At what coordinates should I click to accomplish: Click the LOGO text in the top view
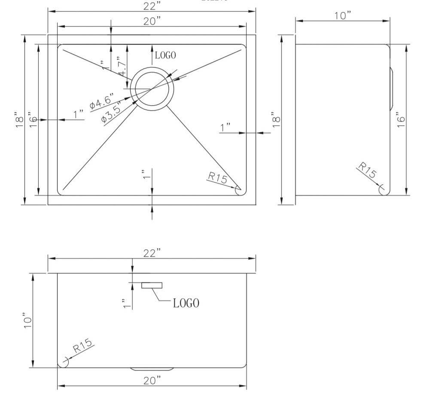click(165, 55)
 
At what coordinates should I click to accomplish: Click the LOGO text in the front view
click(186, 303)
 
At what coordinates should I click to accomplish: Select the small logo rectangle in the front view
click(152, 285)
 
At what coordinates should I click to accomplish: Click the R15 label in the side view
click(367, 170)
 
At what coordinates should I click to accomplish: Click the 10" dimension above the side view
click(343, 15)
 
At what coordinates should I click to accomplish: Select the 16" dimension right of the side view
click(401, 119)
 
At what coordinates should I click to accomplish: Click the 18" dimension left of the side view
click(276, 119)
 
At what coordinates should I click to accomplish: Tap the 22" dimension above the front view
click(152, 253)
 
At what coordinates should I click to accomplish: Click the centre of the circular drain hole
click(152, 88)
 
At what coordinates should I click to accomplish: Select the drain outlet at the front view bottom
click(152, 369)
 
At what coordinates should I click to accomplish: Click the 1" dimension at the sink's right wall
click(225, 128)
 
